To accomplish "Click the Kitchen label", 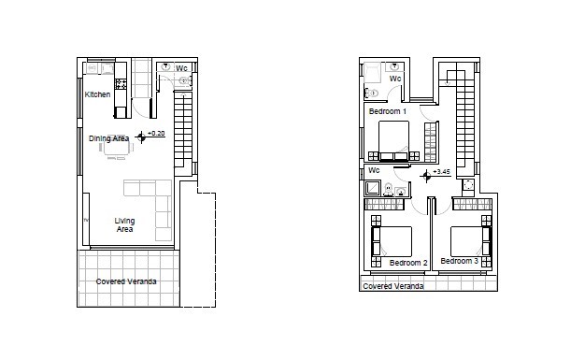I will click(x=97, y=94).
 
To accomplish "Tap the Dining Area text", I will click(x=108, y=138).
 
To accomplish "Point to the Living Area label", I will click(x=124, y=224).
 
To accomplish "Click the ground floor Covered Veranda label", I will click(x=126, y=281).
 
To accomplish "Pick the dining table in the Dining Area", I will click(x=116, y=145).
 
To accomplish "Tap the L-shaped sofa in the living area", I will click(x=150, y=206).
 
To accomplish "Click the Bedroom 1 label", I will click(x=387, y=111).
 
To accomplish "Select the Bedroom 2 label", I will click(x=408, y=263).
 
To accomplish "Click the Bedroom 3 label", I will click(x=459, y=261).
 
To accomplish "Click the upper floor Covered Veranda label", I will click(x=392, y=286).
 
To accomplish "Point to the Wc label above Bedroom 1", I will click(x=395, y=79).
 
